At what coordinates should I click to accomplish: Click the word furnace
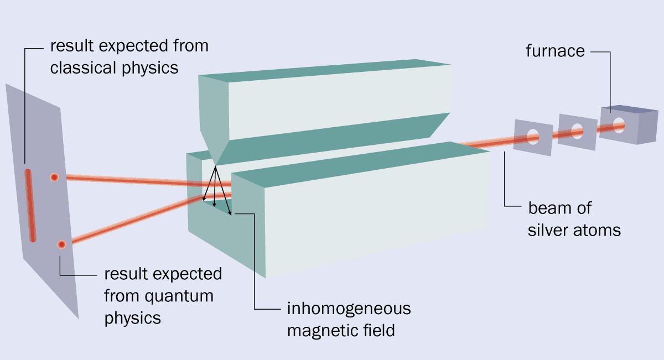[555, 51]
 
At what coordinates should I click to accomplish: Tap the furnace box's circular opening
[619, 125]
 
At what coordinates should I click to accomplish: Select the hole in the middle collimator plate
[577, 131]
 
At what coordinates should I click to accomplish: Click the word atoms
[597, 231]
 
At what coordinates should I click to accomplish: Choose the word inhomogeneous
[349, 309]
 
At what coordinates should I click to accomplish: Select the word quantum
[179, 296]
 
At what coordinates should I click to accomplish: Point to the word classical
[83, 67]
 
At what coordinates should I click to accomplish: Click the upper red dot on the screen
[54, 177]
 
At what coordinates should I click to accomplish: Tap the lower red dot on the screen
[61, 244]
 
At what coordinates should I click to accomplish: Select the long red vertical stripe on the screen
[30, 206]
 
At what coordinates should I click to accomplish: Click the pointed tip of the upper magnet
[215, 165]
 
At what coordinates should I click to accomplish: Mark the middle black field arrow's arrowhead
[214, 205]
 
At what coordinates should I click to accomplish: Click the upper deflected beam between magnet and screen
[148, 181]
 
